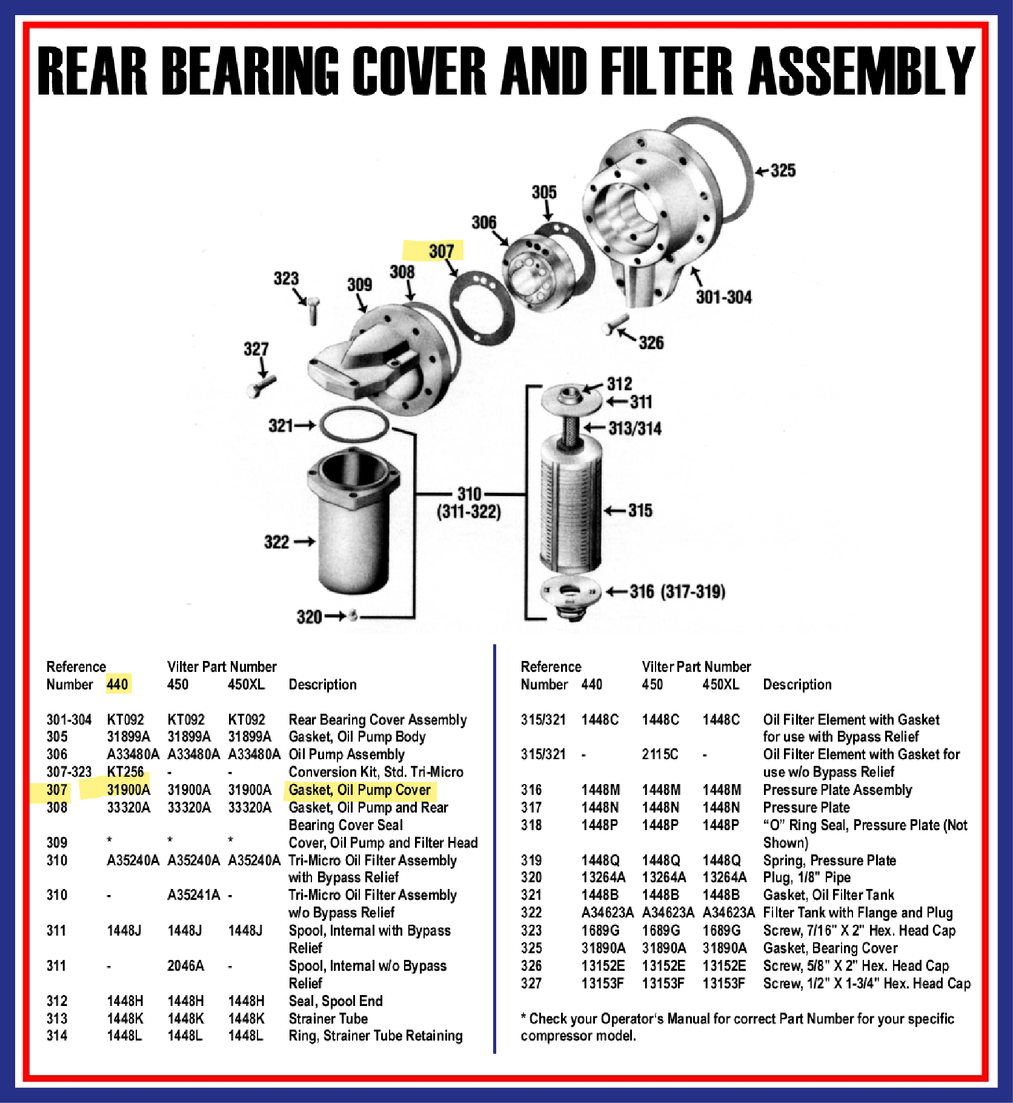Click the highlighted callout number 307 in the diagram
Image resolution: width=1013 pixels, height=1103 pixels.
(x=440, y=251)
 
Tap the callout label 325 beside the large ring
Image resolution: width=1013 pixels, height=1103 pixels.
(x=782, y=170)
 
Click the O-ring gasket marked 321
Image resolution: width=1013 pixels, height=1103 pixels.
(x=354, y=424)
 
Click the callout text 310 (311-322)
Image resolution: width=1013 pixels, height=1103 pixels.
(x=469, y=503)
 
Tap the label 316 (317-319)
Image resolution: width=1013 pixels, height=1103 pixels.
(x=677, y=591)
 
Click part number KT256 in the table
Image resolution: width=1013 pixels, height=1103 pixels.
(x=125, y=772)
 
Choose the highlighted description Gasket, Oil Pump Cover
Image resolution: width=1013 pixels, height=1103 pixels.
(x=359, y=790)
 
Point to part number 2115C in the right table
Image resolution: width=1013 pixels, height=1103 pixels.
(x=660, y=754)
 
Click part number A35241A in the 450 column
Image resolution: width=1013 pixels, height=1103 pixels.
(x=193, y=895)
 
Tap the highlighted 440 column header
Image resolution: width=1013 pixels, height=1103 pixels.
(x=118, y=685)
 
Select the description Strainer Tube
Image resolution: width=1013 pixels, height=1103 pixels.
(x=328, y=1018)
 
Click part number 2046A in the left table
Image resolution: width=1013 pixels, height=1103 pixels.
(x=185, y=965)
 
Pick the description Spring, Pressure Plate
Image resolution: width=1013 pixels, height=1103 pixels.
(x=829, y=860)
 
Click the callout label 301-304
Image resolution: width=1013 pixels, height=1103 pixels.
(x=723, y=297)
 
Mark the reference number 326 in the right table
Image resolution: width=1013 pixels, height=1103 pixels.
(x=531, y=965)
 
